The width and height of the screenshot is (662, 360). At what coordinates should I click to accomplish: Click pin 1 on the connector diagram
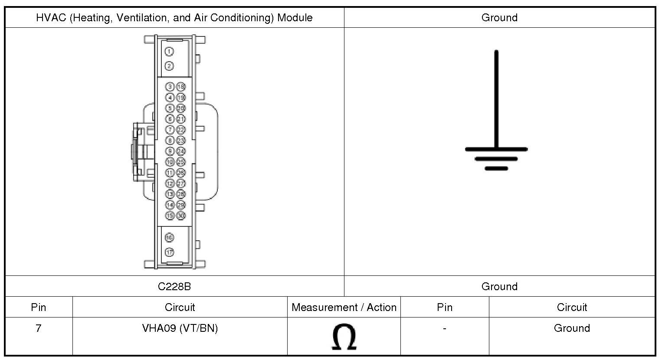(169, 52)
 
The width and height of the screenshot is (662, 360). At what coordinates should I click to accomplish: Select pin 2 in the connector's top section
(169, 66)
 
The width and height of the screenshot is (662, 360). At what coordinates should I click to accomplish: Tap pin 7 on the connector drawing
(170, 130)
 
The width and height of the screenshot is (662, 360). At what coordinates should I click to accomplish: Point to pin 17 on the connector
(169, 252)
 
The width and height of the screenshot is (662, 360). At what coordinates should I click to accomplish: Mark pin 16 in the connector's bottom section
(169, 238)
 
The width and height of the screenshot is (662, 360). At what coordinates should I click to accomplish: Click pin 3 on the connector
(170, 87)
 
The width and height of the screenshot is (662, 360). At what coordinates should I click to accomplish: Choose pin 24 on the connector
(181, 151)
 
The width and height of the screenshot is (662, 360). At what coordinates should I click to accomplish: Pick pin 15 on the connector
(170, 216)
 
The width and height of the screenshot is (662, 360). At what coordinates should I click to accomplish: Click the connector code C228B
(174, 287)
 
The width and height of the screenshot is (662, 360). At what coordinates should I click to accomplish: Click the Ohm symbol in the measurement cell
(344, 337)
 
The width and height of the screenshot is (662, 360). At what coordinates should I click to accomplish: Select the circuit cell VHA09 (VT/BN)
(180, 328)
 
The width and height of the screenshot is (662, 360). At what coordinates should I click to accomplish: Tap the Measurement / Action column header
(344, 308)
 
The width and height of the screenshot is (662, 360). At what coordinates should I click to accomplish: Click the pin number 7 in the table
(39, 328)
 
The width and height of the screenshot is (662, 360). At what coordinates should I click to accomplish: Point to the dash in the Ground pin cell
(444, 328)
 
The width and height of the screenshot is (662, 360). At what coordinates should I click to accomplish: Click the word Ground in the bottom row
(571, 328)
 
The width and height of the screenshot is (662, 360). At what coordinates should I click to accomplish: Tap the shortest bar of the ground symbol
(496, 168)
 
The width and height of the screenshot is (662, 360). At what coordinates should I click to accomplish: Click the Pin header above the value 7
(39, 308)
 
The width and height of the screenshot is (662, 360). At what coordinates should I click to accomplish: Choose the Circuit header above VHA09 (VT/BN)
(180, 308)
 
